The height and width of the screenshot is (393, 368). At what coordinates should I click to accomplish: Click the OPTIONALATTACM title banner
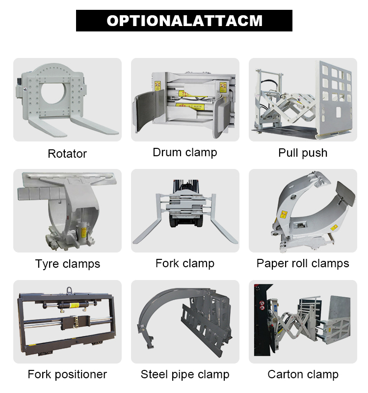[x=184, y=21]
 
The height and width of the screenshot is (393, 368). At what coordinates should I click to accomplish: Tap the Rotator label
[x=67, y=154]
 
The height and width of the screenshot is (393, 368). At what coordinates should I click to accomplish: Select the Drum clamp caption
[x=184, y=152]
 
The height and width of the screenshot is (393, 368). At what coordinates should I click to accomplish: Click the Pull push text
[x=303, y=153]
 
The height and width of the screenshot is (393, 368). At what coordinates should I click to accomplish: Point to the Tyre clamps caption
[x=67, y=264]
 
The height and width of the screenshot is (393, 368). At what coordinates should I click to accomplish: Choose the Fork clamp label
[x=184, y=263]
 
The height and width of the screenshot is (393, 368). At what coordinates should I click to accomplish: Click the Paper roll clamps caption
[x=303, y=263]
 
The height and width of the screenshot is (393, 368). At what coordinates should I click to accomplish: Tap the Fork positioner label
[x=67, y=374]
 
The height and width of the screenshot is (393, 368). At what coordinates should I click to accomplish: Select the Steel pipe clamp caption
[x=184, y=375]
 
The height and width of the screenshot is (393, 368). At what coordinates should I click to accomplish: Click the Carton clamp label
[x=303, y=375]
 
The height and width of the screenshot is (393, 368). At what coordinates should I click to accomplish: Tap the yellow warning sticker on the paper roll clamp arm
[x=284, y=215]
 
